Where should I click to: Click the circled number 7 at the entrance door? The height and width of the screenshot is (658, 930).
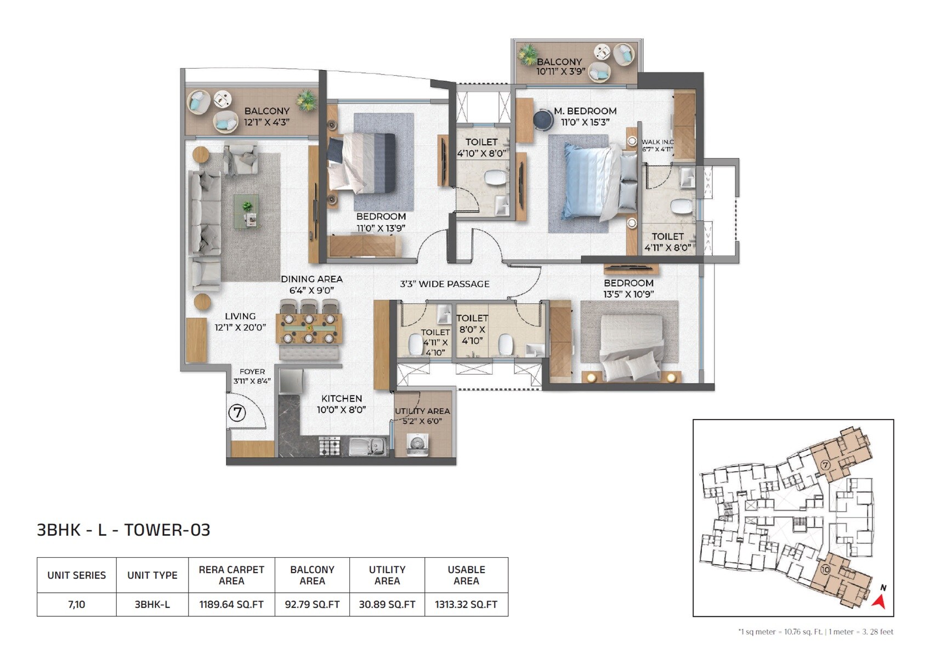[237, 412]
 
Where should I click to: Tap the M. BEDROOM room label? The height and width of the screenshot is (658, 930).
[585, 111]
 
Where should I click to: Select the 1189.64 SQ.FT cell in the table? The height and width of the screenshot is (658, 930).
[231, 604]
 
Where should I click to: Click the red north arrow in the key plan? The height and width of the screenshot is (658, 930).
[880, 602]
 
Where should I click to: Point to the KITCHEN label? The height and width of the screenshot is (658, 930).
[341, 399]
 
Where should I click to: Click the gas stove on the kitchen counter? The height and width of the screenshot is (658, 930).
[330, 446]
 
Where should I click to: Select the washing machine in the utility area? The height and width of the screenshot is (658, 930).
[417, 444]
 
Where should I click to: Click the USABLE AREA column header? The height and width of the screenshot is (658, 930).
[466, 575]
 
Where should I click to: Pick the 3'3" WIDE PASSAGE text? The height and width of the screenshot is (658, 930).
[444, 284]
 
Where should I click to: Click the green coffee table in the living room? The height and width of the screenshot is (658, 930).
[246, 211]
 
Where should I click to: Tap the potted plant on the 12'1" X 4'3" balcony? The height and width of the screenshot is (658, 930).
[306, 100]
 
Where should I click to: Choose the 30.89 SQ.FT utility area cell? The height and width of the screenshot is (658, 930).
[387, 604]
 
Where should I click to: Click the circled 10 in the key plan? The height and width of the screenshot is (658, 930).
[825, 570]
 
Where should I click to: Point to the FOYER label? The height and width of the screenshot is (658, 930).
[252, 372]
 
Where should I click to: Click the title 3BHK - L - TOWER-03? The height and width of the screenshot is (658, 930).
[123, 530]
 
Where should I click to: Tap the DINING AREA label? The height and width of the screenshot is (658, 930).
[311, 279]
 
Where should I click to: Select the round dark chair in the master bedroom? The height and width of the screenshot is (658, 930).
[543, 120]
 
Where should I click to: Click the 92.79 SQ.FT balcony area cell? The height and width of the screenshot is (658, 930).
[312, 604]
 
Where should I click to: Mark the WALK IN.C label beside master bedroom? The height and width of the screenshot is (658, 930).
[657, 142]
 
